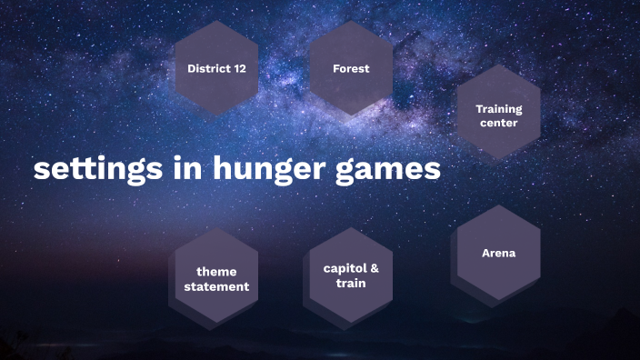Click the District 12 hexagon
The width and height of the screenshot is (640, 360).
click(x=216, y=68)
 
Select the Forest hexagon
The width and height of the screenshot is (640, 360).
click(x=351, y=68)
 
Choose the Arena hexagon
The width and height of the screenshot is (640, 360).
click(x=498, y=254)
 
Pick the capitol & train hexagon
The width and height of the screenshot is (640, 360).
click(x=351, y=275)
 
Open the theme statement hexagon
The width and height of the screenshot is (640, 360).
click(x=216, y=279)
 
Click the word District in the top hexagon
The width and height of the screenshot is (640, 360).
click(x=208, y=68)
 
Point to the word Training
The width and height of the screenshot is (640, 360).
click(x=498, y=109)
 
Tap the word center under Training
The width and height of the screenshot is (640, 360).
click(x=498, y=123)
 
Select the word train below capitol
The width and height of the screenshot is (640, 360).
click(x=351, y=283)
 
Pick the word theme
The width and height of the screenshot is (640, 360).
click(x=216, y=272)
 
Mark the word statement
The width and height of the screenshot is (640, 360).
click(x=216, y=286)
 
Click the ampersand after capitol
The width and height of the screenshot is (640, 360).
click(x=374, y=269)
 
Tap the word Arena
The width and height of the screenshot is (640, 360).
click(x=498, y=254)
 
